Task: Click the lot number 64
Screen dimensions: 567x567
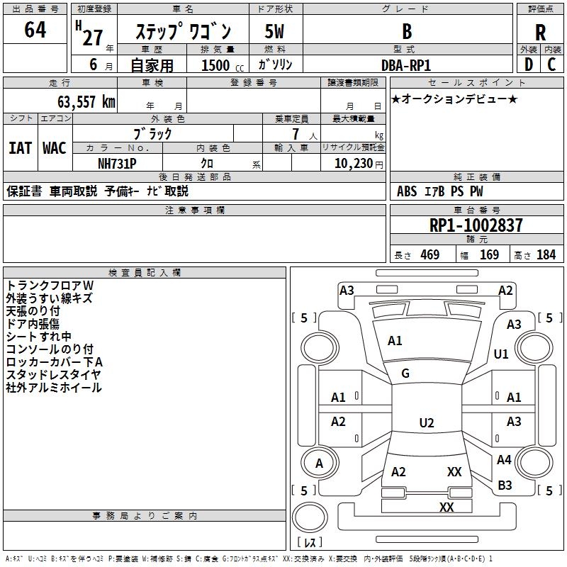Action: (x=35, y=29)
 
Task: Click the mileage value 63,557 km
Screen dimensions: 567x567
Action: (x=86, y=102)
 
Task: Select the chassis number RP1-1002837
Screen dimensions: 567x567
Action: (x=476, y=225)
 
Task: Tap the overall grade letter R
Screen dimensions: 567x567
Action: (x=540, y=33)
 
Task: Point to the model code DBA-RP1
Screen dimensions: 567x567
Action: (x=406, y=65)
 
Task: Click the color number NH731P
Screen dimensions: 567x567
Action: (x=117, y=164)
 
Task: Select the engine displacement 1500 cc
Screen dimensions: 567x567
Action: (x=223, y=65)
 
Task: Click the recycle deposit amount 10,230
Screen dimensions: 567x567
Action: (x=354, y=164)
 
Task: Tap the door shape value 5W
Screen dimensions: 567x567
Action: (x=274, y=31)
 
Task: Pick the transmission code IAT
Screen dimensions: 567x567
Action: (x=21, y=148)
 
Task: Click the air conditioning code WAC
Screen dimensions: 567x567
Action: (x=55, y=148)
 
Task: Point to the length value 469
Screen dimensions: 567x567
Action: (x=430, y=254)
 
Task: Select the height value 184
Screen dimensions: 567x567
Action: (x=546, y=254)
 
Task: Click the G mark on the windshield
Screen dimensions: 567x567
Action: (x=405, y=374)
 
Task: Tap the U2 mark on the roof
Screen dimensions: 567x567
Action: (x=427, y=422)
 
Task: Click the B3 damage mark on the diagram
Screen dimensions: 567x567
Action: (x=505, y=485)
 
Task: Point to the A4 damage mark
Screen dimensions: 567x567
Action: (x=504, y=459)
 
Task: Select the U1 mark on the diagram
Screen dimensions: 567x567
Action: (x=501, y=354)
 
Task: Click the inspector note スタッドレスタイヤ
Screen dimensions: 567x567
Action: (x=53, y=375)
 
